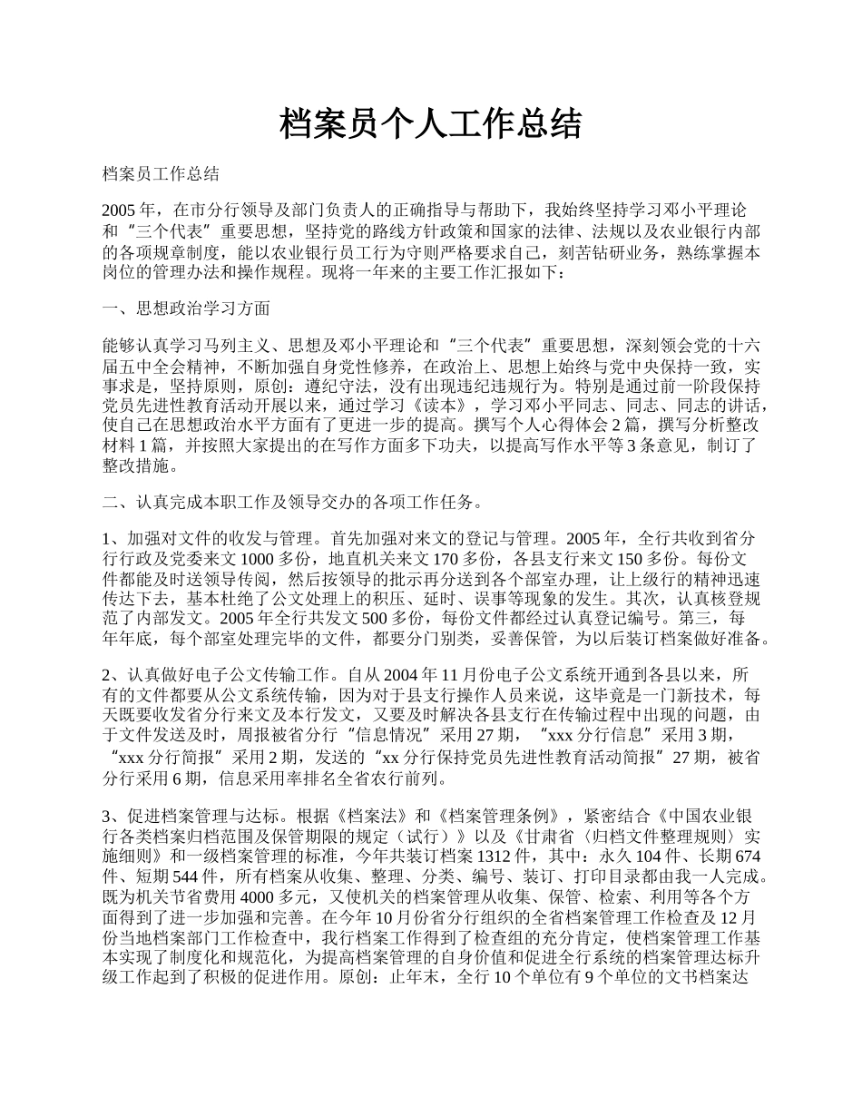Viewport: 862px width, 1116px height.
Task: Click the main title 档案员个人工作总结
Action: point(430,123)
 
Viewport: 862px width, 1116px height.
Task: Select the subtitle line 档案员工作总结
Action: point(161,174)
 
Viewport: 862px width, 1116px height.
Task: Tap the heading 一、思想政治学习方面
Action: point(186,308)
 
